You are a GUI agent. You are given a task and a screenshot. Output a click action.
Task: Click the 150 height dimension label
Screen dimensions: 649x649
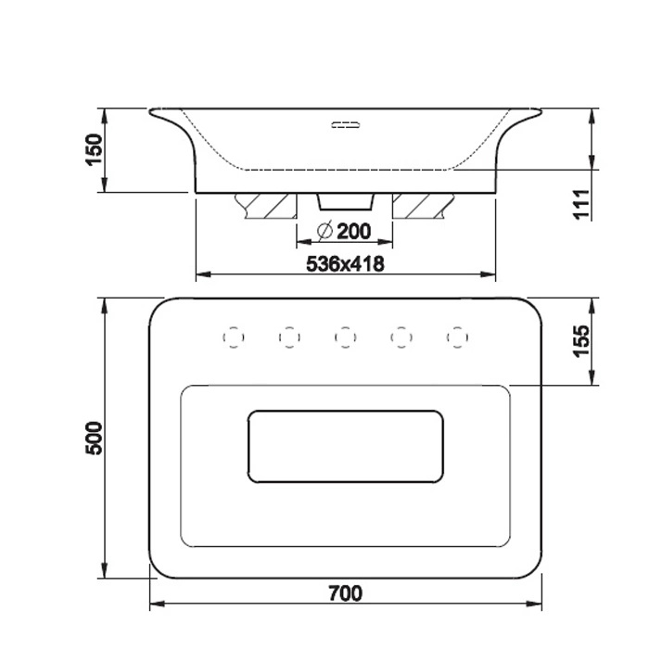(94, 149)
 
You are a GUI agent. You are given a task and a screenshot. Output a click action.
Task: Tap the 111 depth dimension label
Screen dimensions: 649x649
(581, 204)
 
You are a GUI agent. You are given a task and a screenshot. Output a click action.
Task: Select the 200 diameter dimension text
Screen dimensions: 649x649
(354, 232)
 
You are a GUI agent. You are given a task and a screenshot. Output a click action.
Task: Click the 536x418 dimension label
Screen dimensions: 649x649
(345, 263)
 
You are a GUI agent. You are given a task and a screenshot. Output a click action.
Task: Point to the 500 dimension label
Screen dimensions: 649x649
(94, 439)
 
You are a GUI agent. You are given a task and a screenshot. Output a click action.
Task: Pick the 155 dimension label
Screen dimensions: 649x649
(581, 341)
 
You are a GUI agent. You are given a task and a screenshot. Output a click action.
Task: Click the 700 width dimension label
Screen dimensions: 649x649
(346, 593)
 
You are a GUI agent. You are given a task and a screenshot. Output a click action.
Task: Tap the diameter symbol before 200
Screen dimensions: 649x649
(324, 231)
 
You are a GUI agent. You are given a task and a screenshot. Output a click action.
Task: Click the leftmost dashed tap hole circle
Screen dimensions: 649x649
(234, 337)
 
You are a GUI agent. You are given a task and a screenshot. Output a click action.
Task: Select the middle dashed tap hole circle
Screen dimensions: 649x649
(345, 337)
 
